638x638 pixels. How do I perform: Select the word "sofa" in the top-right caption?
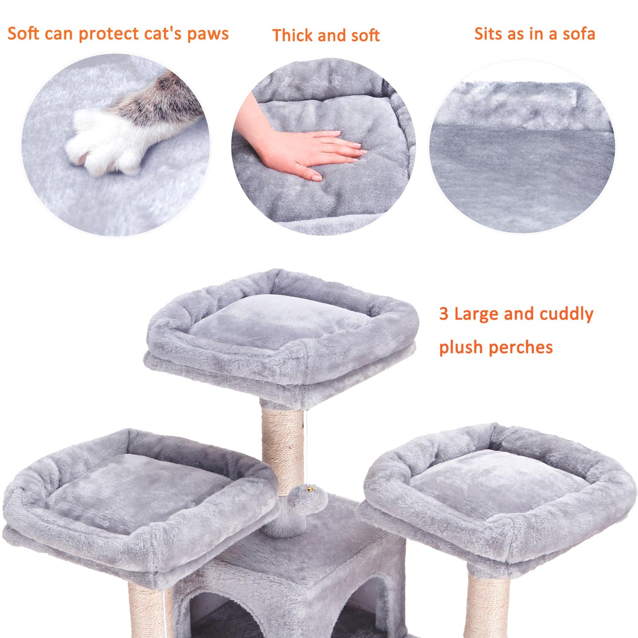(x=578, y=34)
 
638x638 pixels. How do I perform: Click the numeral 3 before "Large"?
(x=443, y=314)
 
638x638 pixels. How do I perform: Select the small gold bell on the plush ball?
(x=310, y=489)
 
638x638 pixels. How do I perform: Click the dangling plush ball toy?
(x=305, y=501)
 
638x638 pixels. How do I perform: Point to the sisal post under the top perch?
(x=283, y=446)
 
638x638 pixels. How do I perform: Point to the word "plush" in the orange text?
(x=461, y=347)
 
